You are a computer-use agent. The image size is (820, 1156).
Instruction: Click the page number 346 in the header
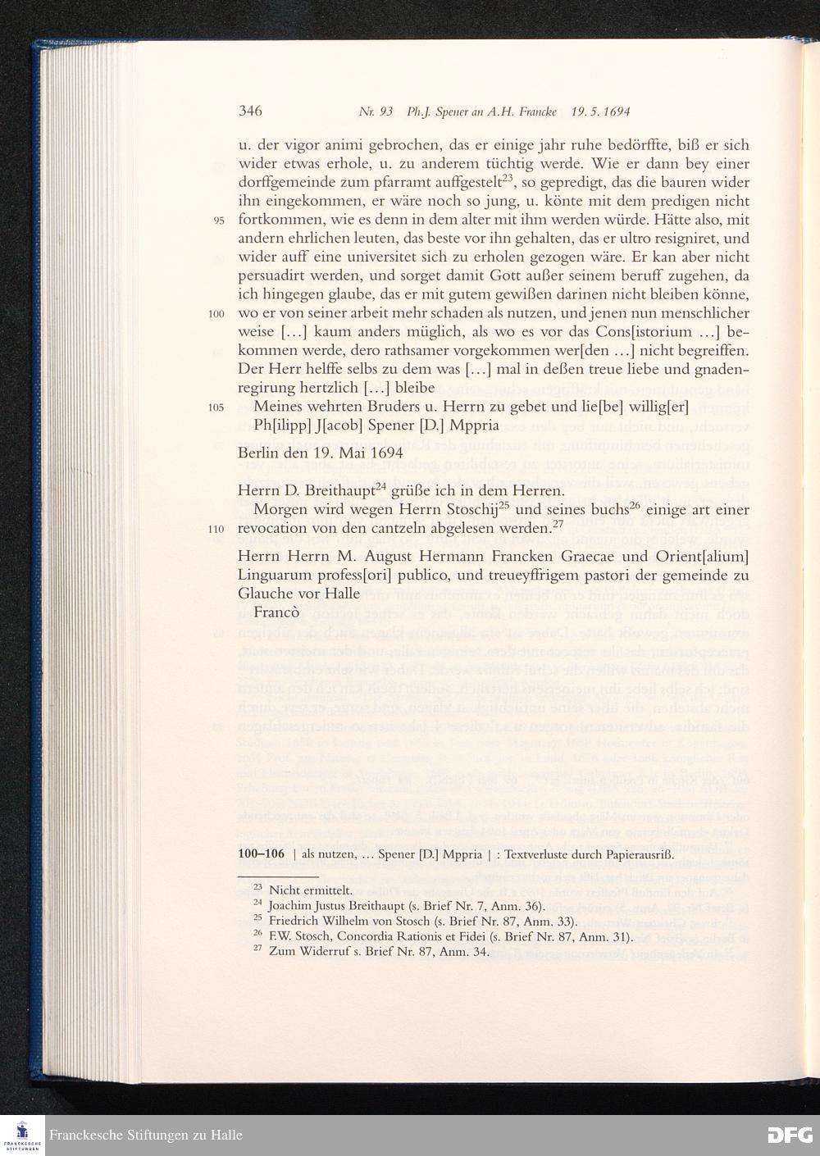250,112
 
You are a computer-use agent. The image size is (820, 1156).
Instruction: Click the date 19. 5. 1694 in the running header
600,112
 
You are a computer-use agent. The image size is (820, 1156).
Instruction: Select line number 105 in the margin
216,408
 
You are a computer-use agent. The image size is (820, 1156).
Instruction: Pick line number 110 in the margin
216,529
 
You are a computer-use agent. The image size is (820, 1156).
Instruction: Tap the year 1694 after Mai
385,453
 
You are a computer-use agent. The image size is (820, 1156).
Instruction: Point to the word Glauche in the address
266,594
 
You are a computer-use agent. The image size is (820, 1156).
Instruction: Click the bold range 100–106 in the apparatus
260,853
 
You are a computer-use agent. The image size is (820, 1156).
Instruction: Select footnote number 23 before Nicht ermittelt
257,887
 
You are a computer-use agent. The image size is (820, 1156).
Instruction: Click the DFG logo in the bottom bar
789,1135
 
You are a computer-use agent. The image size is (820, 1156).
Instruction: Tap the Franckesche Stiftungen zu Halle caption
146,1136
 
